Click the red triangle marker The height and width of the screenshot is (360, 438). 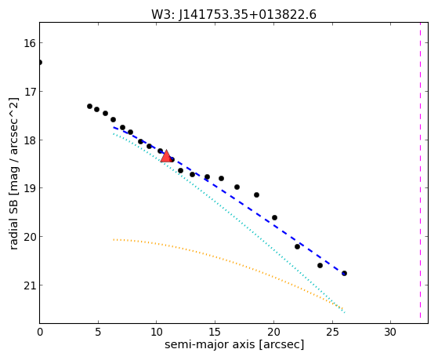click(x=166, y=156)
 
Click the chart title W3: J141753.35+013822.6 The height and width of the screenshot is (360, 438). click(x=233, y=15)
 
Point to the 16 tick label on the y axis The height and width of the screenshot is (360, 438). click(x=30, y=43)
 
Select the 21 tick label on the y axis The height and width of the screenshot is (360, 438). click(x=30, y=285)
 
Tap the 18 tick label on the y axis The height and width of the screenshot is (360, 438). click(x=30, y=140)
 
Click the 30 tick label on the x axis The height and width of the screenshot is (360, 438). click(x=390, y=333)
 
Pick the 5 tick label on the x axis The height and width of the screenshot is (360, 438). click(x=98, y=333)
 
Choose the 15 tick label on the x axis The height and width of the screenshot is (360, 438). click(x=215, y=333)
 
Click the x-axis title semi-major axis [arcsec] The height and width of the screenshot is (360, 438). click(x=234, y=344)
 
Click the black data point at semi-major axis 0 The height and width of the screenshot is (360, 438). click(x=40, y=62)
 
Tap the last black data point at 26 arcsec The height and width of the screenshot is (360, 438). click(x=344, y=273)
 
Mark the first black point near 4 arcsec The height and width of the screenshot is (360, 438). click(x=89, y=107)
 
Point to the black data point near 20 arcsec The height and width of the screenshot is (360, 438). click(x=274, y=217)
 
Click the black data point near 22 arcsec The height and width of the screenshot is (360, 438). click(x=297, y=247)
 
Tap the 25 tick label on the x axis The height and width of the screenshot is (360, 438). click(x=332, y=333)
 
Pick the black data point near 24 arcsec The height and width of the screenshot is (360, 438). click(x=320, y=265)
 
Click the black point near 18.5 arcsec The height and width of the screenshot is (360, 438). click(x=256, y=195)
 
